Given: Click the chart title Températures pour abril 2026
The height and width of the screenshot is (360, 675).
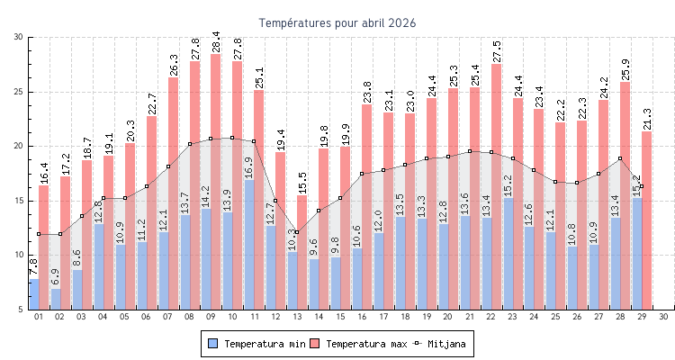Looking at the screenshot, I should coord(337,22).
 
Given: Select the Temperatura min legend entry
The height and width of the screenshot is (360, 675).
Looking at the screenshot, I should coord(255,344).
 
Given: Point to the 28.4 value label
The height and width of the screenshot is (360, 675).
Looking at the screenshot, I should coord(216,40).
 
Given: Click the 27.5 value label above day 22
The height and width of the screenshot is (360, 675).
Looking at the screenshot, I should coord(496,50).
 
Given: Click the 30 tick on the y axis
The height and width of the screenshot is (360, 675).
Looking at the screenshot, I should coord(19,37).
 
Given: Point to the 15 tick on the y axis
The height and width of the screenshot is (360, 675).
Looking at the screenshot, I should coord(19,201).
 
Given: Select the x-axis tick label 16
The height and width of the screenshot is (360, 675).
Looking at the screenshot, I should coord(363,317).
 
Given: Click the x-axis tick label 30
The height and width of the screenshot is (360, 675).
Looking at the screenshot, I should coord(663,317).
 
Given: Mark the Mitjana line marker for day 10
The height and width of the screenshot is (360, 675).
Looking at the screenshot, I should coord(232,138).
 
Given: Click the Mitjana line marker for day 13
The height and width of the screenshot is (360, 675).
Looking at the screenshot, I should coord(297,232).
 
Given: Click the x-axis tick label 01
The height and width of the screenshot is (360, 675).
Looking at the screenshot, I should coord(39,317).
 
